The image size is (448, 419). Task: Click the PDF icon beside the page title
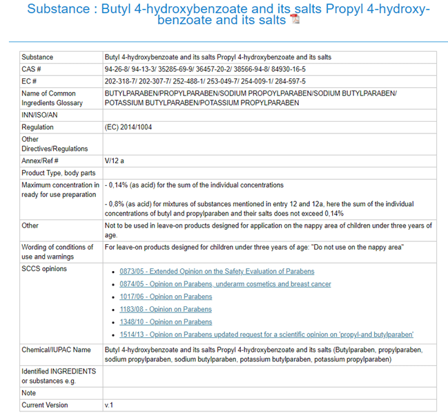(295, 19)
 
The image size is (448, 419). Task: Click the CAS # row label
(32, 70)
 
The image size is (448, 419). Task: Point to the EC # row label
(30, 82)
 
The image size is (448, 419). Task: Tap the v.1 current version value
(108, 404)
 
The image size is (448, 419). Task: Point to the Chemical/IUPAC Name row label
(56, 350)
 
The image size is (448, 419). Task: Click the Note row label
(29, 393)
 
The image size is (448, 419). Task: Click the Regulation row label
(37, 127)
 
